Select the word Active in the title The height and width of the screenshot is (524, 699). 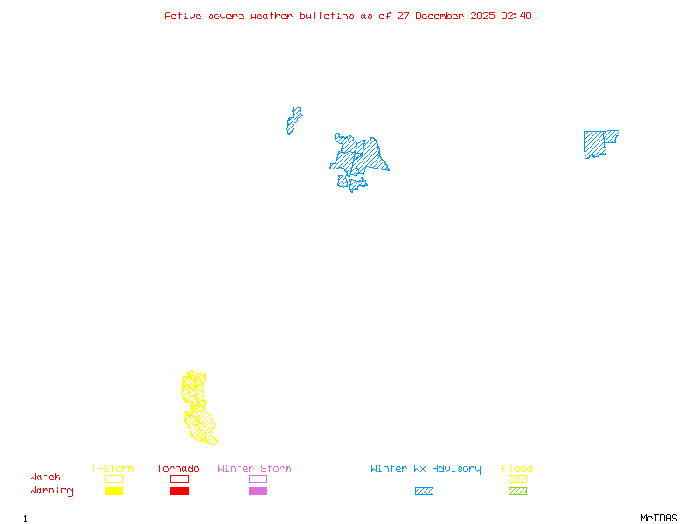point(183,16)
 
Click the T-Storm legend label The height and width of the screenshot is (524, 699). point(113,469)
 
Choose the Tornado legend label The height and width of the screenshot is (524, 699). point(178,469)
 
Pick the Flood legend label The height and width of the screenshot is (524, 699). point(517,469)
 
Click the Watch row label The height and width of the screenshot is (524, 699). point(45,478)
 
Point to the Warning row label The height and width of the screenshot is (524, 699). point(52,491)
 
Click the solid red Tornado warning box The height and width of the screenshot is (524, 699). point(179,492)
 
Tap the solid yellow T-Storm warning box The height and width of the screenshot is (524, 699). point(114,492)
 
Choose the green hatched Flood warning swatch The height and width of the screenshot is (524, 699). point(517,492)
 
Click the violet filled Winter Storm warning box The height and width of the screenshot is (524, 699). point(258,492)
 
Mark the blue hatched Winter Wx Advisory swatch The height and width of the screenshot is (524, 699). point(424,492)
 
